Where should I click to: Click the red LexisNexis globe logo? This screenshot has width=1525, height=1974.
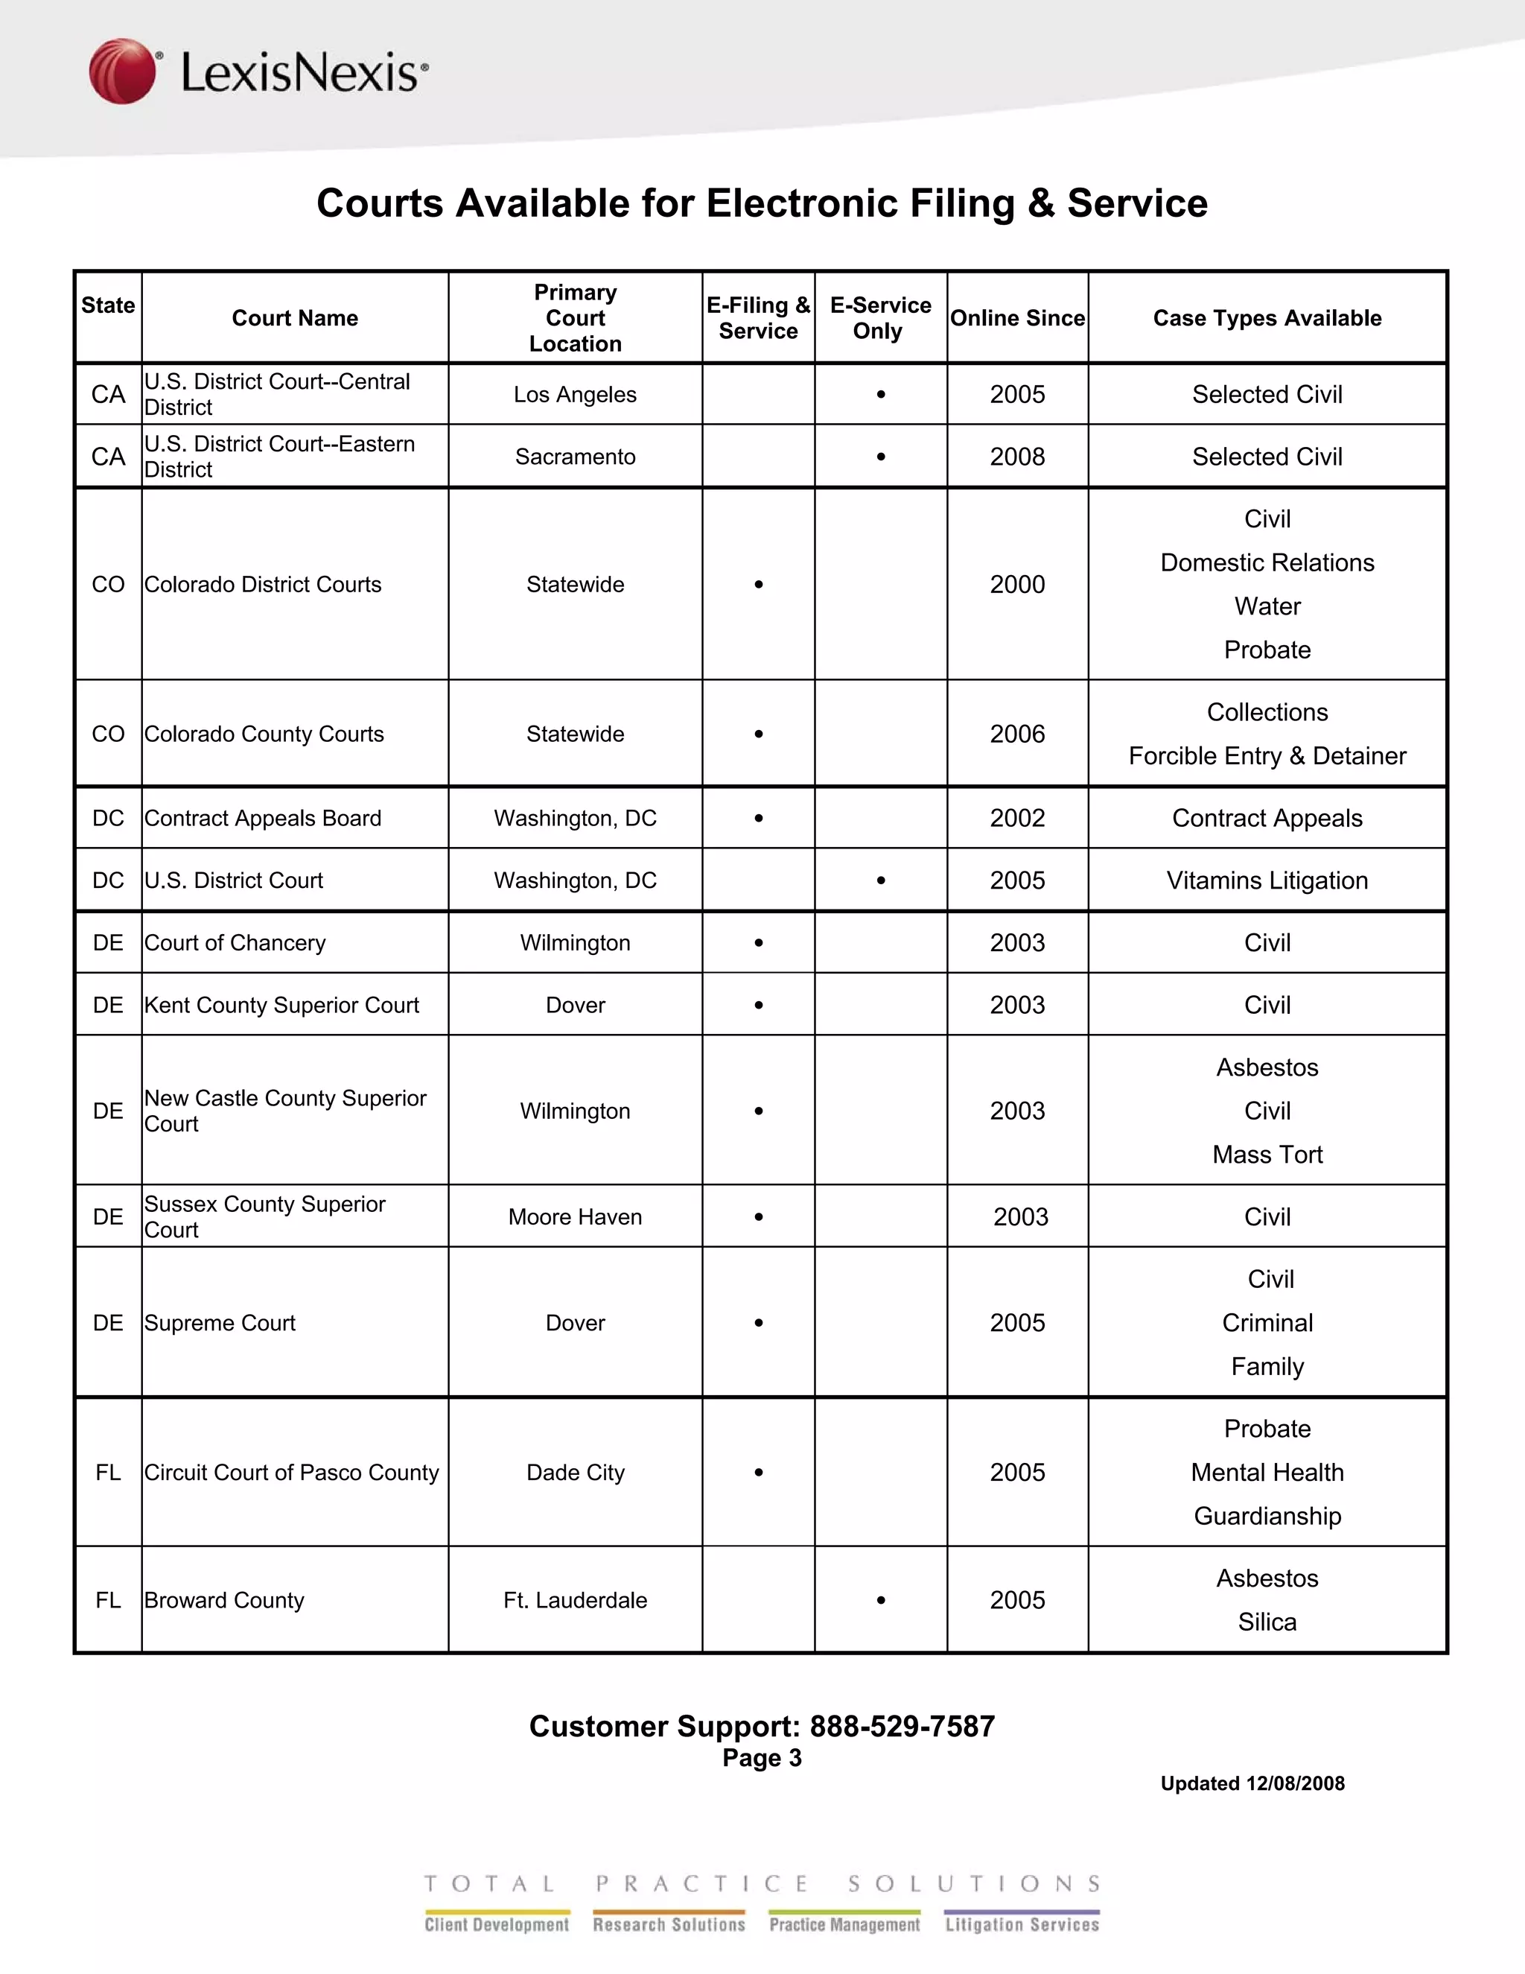coord(122,71)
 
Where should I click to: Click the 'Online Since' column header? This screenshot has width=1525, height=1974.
coord(1017,318)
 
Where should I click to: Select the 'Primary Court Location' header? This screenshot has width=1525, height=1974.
coord(575,318)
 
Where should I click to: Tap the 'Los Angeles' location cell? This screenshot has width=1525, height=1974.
coord(575,395)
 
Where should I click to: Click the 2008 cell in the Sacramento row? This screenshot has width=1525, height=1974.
coord(1017,457)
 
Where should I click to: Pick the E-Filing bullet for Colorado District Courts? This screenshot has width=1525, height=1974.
coord(759,585)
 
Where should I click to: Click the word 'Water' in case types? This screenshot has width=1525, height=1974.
coord(1267,606)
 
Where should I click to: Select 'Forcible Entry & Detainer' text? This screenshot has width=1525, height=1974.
coord(1267,757)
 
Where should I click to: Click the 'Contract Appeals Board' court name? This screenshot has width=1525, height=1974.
coord(263,819)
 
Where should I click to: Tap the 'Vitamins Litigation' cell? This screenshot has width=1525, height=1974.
coord(1267,881)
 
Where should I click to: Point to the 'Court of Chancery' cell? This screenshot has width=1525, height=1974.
coord(235,944)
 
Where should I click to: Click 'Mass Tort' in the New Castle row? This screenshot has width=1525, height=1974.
coord(1267,1155)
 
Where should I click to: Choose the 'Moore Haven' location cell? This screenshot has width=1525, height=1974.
coord(575,1217)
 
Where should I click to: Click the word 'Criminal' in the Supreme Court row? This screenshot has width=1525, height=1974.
coord(1267,1323)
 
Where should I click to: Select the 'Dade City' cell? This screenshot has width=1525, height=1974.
coord(575,1473)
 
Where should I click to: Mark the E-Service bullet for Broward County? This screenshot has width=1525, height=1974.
coord(881,1601)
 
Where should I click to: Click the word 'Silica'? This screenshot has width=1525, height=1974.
coord(1267,1622)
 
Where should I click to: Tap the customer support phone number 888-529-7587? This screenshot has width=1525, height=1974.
coord(902,1727)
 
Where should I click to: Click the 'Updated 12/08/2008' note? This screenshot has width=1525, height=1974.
coord(1252,1783)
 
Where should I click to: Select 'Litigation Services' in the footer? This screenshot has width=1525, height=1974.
coord(1022,1924)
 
